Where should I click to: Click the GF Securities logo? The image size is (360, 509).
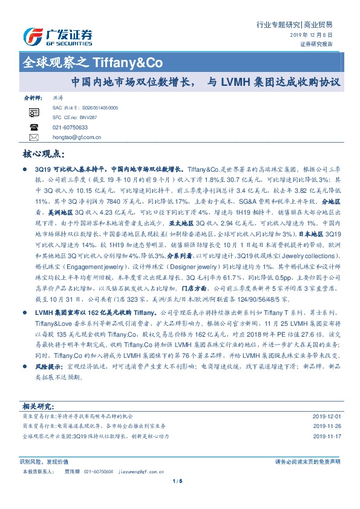[57, 37]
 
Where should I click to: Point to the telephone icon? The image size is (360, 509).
[33, 128]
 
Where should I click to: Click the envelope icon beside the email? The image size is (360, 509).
[33, 138]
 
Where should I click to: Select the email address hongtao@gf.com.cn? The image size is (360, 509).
[77, 138]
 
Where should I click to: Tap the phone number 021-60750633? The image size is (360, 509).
[70, 128]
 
